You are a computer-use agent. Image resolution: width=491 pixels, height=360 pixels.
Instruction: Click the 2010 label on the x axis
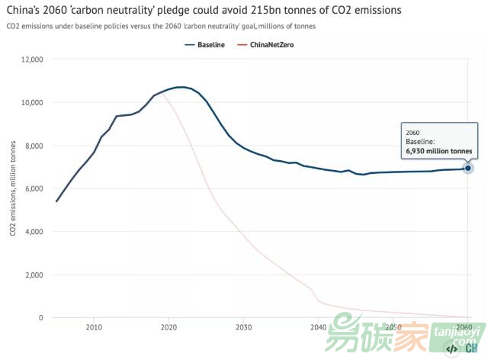click(94, 327)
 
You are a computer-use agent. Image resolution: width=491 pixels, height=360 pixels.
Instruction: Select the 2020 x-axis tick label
click(168, 327)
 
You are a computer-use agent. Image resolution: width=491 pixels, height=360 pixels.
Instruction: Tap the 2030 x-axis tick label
click(243, 327)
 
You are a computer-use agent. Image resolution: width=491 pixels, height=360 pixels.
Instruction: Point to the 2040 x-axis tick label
click(318, 327)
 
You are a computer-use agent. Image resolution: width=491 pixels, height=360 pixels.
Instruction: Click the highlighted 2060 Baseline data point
click(467, 168)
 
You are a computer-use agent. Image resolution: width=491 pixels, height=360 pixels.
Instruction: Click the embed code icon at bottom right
click(451, 349)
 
